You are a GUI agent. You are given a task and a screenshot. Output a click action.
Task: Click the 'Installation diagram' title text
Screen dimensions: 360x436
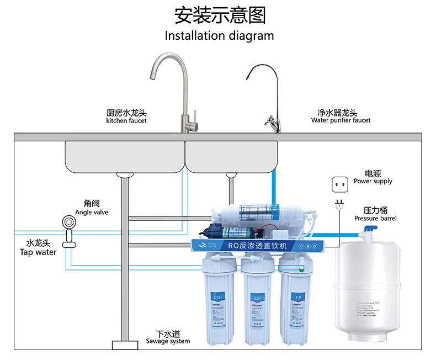219,36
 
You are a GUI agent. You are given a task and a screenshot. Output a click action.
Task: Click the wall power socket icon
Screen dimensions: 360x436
338,183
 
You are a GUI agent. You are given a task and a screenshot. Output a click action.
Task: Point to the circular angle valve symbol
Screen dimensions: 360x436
69,222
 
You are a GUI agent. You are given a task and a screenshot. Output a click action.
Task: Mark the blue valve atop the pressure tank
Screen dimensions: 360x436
365,236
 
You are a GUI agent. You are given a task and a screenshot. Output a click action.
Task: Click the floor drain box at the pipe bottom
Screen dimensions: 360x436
125,345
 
